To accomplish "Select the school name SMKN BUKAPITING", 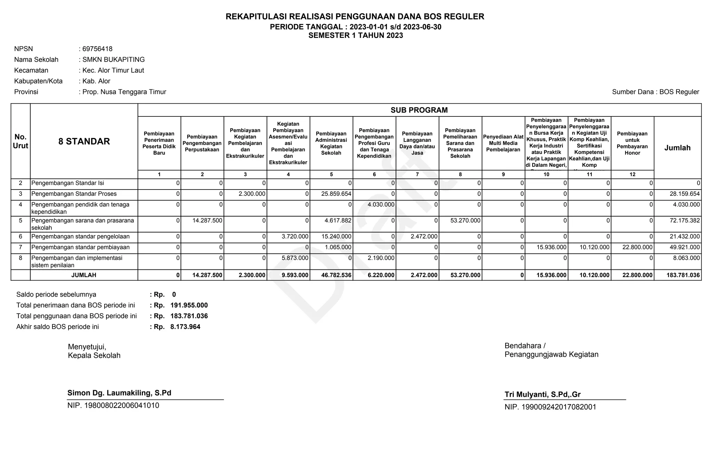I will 113,60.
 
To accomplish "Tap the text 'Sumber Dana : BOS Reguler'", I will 655,92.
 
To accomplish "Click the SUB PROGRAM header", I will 419,110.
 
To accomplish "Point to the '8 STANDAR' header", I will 84,142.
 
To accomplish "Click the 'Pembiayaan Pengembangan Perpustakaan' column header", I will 202,143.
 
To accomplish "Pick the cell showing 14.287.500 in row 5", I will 207,220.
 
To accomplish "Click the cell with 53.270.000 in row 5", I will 465,220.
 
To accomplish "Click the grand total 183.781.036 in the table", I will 683,275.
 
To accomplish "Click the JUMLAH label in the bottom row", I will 84,275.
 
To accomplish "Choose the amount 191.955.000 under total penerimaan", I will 189,306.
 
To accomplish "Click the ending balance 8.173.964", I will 185,327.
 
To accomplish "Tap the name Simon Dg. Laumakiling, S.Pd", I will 119,393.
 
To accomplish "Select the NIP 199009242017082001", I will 550,407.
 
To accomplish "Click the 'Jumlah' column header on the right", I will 677,148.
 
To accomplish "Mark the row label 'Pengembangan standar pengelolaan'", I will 80,237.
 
